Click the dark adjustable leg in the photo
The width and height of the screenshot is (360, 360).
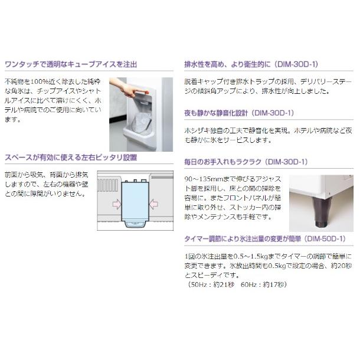tap(322, 216)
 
